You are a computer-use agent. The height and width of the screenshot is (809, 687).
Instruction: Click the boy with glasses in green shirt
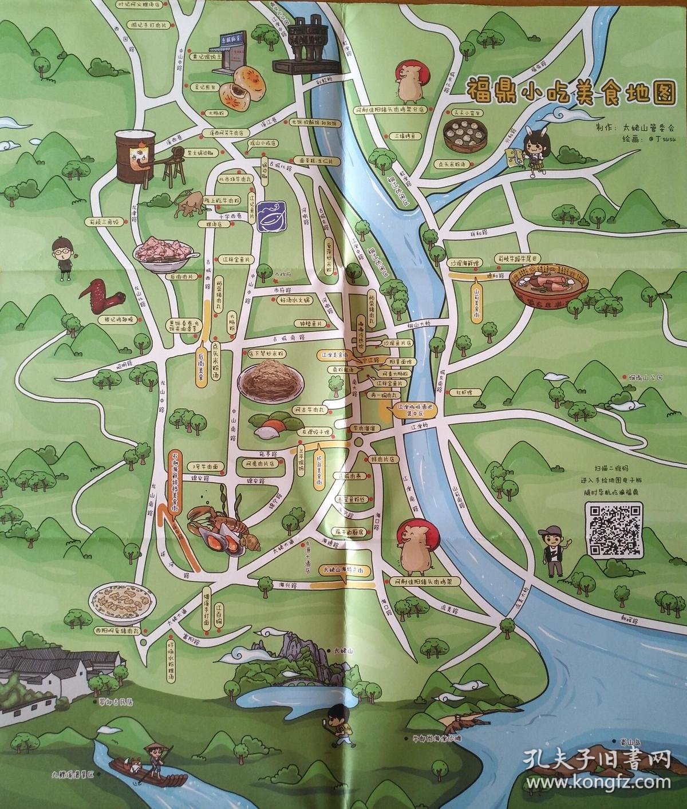pyautogui.click(x=64, y=259)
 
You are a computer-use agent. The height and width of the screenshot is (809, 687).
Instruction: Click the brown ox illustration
pyautogui.click(x=187, y=204)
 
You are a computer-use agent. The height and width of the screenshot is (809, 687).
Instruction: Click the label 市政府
pyautogui.click(x=283, y=274)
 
